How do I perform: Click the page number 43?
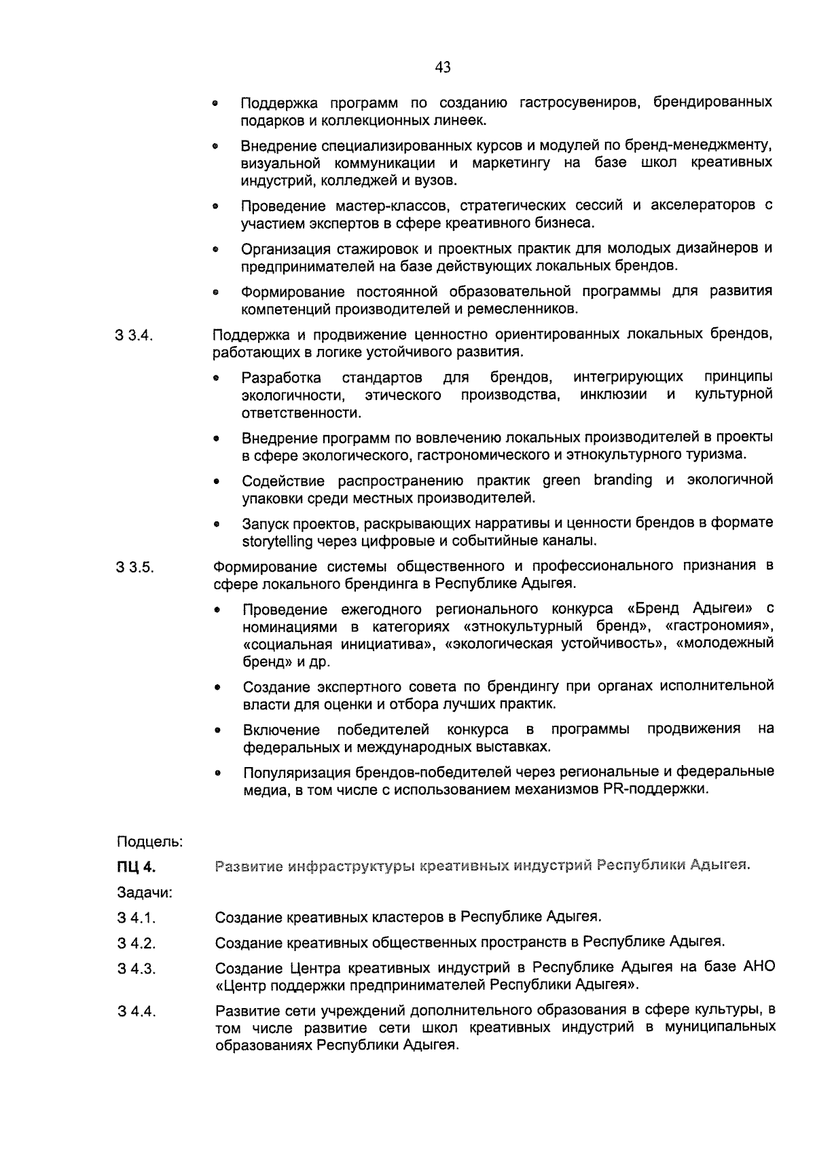(442, 67)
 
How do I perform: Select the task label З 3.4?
(136, 336)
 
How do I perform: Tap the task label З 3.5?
(136, 568)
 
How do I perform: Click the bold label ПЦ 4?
(136, 867)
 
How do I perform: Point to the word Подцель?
(149, 842)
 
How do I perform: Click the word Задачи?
(145, 892)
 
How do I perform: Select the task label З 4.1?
(137, 918)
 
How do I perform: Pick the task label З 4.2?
(137, 944)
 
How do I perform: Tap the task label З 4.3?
(137, 969)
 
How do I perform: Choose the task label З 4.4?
(137, 1012)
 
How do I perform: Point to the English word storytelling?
(278, 542)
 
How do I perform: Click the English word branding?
(623, 480)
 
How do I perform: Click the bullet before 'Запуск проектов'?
(216, 525)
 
